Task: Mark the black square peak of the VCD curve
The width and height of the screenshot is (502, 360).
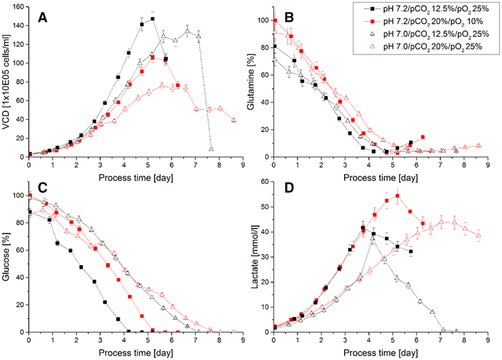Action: pyautogui.click(x=153, y=19)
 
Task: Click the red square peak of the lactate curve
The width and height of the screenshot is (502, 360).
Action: pyautogui.click(x=397, y=196)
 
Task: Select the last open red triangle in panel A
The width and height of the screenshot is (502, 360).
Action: pyautogui.click(x=234, y=120)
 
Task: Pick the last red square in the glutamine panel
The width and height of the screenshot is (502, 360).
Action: pyautogui.click(x=422, y=137)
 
